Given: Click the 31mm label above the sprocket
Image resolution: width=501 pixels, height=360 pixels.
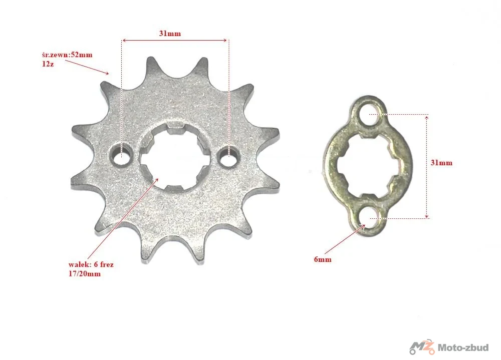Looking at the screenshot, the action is (170, 34).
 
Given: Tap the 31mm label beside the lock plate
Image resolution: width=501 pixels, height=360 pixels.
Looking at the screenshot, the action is (441, 163).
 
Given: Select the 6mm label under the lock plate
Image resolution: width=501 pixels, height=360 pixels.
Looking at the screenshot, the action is (322, 259).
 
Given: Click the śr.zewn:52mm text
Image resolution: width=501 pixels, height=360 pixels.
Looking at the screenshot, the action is (67, 55).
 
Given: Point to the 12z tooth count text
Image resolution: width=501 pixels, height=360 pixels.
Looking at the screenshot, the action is (48, 64).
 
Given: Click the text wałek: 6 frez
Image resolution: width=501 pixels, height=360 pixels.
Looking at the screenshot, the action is (91, 264).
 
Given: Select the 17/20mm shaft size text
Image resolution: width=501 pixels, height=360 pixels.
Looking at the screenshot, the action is (84, 274).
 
